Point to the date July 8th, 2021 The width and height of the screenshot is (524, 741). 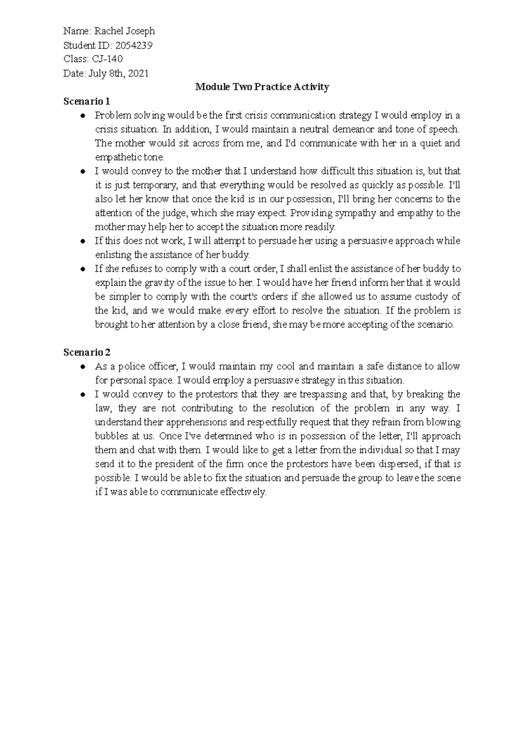tap(119, 73)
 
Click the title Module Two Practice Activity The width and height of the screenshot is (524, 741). tap(262, 87)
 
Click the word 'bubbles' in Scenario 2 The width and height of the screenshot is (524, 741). tap(111, 436)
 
